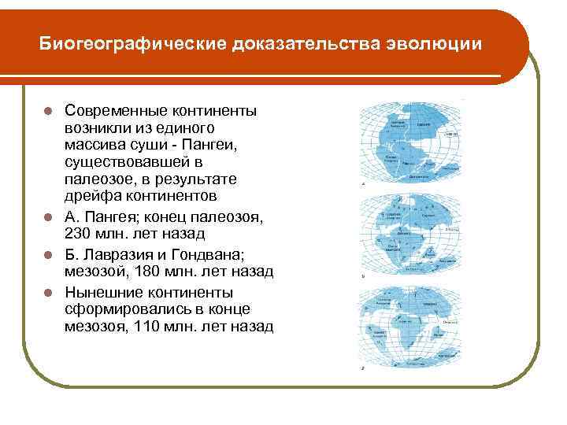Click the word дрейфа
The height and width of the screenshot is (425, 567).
tap(89, 194)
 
